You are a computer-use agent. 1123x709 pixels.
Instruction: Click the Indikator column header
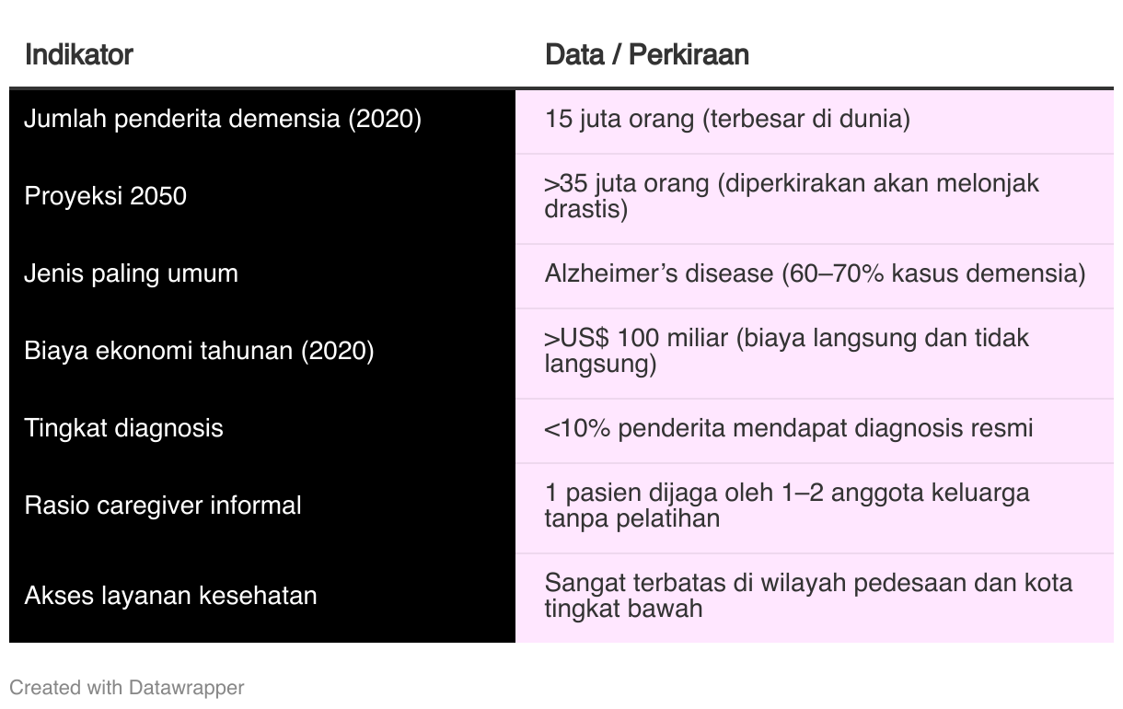tap(79, 54)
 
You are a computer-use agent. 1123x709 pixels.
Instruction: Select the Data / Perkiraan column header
tap(647, 54)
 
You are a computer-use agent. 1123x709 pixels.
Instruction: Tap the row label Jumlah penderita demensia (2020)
tap(223, 120)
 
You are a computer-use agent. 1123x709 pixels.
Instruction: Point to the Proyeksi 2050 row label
tap(105, 195)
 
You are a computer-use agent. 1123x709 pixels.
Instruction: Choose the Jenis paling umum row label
tap(131, 273)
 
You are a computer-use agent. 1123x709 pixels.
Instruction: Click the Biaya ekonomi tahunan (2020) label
tap(199, 351)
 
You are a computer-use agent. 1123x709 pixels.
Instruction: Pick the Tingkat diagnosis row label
tap(123, 428)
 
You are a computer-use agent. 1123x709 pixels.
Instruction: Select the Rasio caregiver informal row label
tap(162, 506)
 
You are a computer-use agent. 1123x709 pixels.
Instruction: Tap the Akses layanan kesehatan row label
tap(170, 596)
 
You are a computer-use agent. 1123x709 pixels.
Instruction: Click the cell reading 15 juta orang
tap(619, 120)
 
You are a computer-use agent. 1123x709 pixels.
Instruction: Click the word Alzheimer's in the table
tap(610, 273)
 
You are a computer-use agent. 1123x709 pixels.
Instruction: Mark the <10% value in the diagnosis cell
tap(577, 429)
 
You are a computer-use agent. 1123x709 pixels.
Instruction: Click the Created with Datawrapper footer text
tap(127, 688)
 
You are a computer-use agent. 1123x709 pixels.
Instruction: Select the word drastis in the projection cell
tap(582, 209)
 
